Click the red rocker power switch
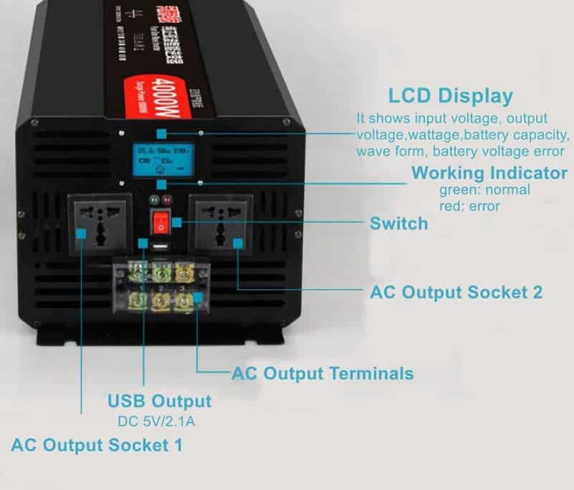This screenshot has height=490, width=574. point(162,224)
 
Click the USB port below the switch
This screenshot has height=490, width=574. point(160,247)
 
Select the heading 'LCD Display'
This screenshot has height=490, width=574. point(451,96)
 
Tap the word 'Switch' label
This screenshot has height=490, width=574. point(398,224)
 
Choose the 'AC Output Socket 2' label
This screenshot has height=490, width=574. point(456,292)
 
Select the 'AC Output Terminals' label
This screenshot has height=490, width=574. point(322,373)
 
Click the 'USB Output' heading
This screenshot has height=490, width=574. point(159,400)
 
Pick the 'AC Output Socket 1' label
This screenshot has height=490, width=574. point(96,445)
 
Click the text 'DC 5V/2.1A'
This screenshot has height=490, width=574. point(156,421)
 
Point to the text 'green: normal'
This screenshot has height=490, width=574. point(484,190)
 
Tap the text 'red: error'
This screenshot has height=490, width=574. point(469,206)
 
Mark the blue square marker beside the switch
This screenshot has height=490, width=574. point(177,223)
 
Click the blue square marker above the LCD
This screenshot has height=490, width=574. point(161,134)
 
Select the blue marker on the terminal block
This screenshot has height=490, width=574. point(197,294)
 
